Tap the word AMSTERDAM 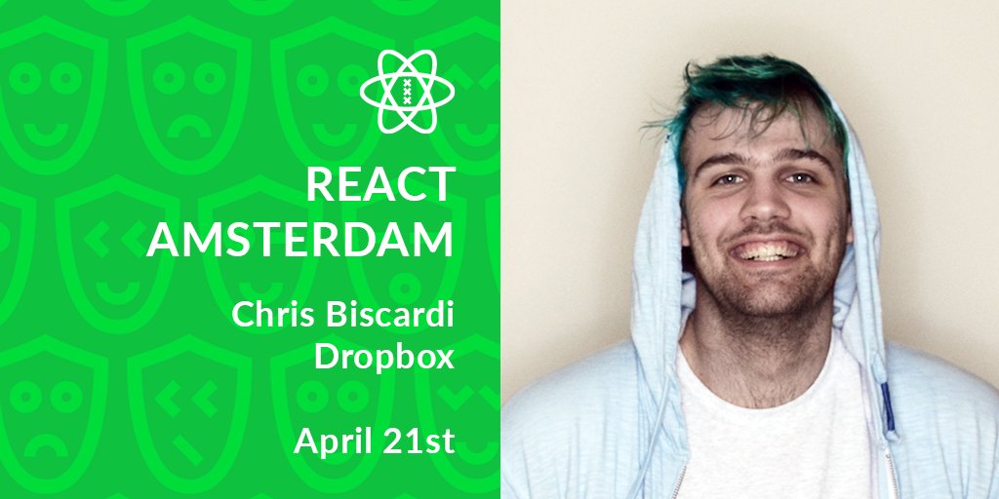300,240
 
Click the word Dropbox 384,358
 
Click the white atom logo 407,91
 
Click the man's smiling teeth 767,251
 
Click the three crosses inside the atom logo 407,91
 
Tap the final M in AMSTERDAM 435,240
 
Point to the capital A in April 305,441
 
